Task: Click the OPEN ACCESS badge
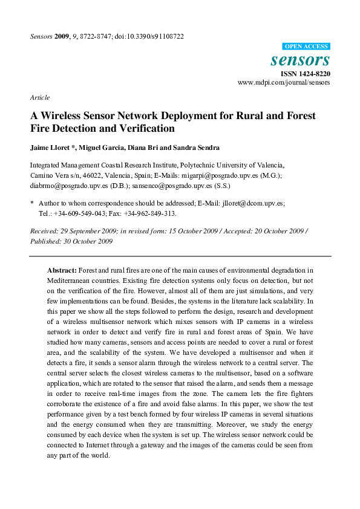306,47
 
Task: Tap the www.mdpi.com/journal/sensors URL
284,82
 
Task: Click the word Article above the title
39,97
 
